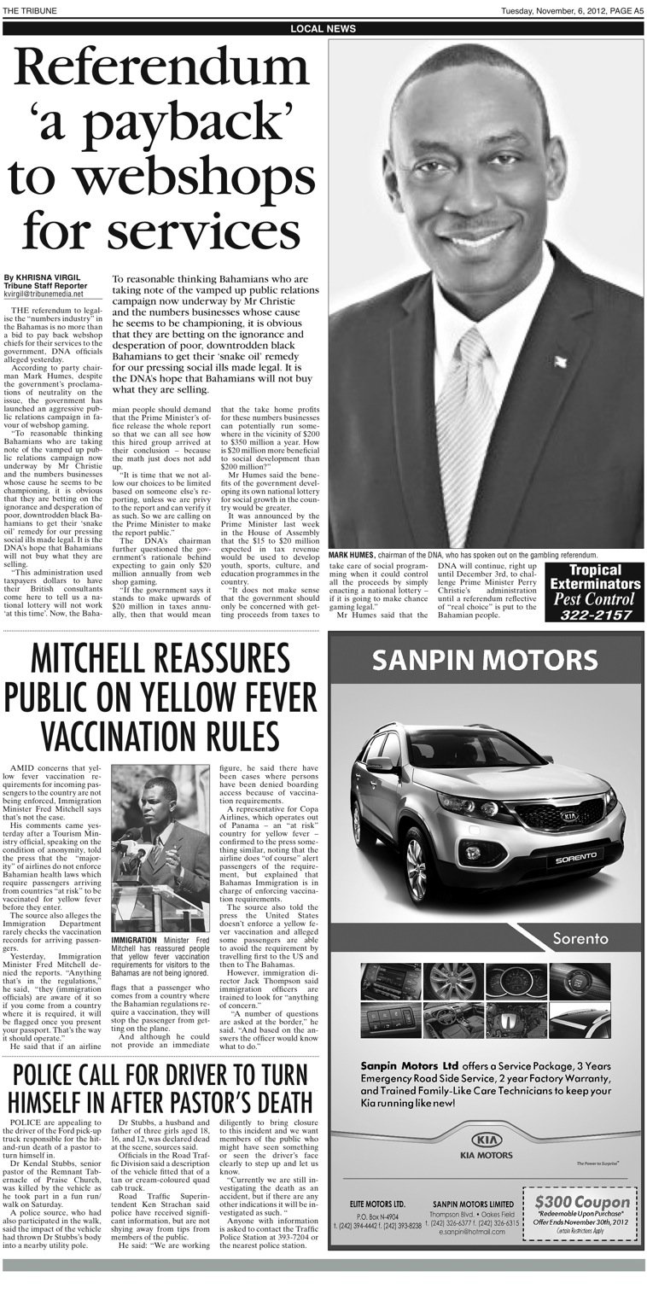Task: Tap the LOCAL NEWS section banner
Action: coord(323,29)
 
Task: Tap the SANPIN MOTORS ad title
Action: coord(486,659)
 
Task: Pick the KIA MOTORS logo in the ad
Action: coord(486,1146)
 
